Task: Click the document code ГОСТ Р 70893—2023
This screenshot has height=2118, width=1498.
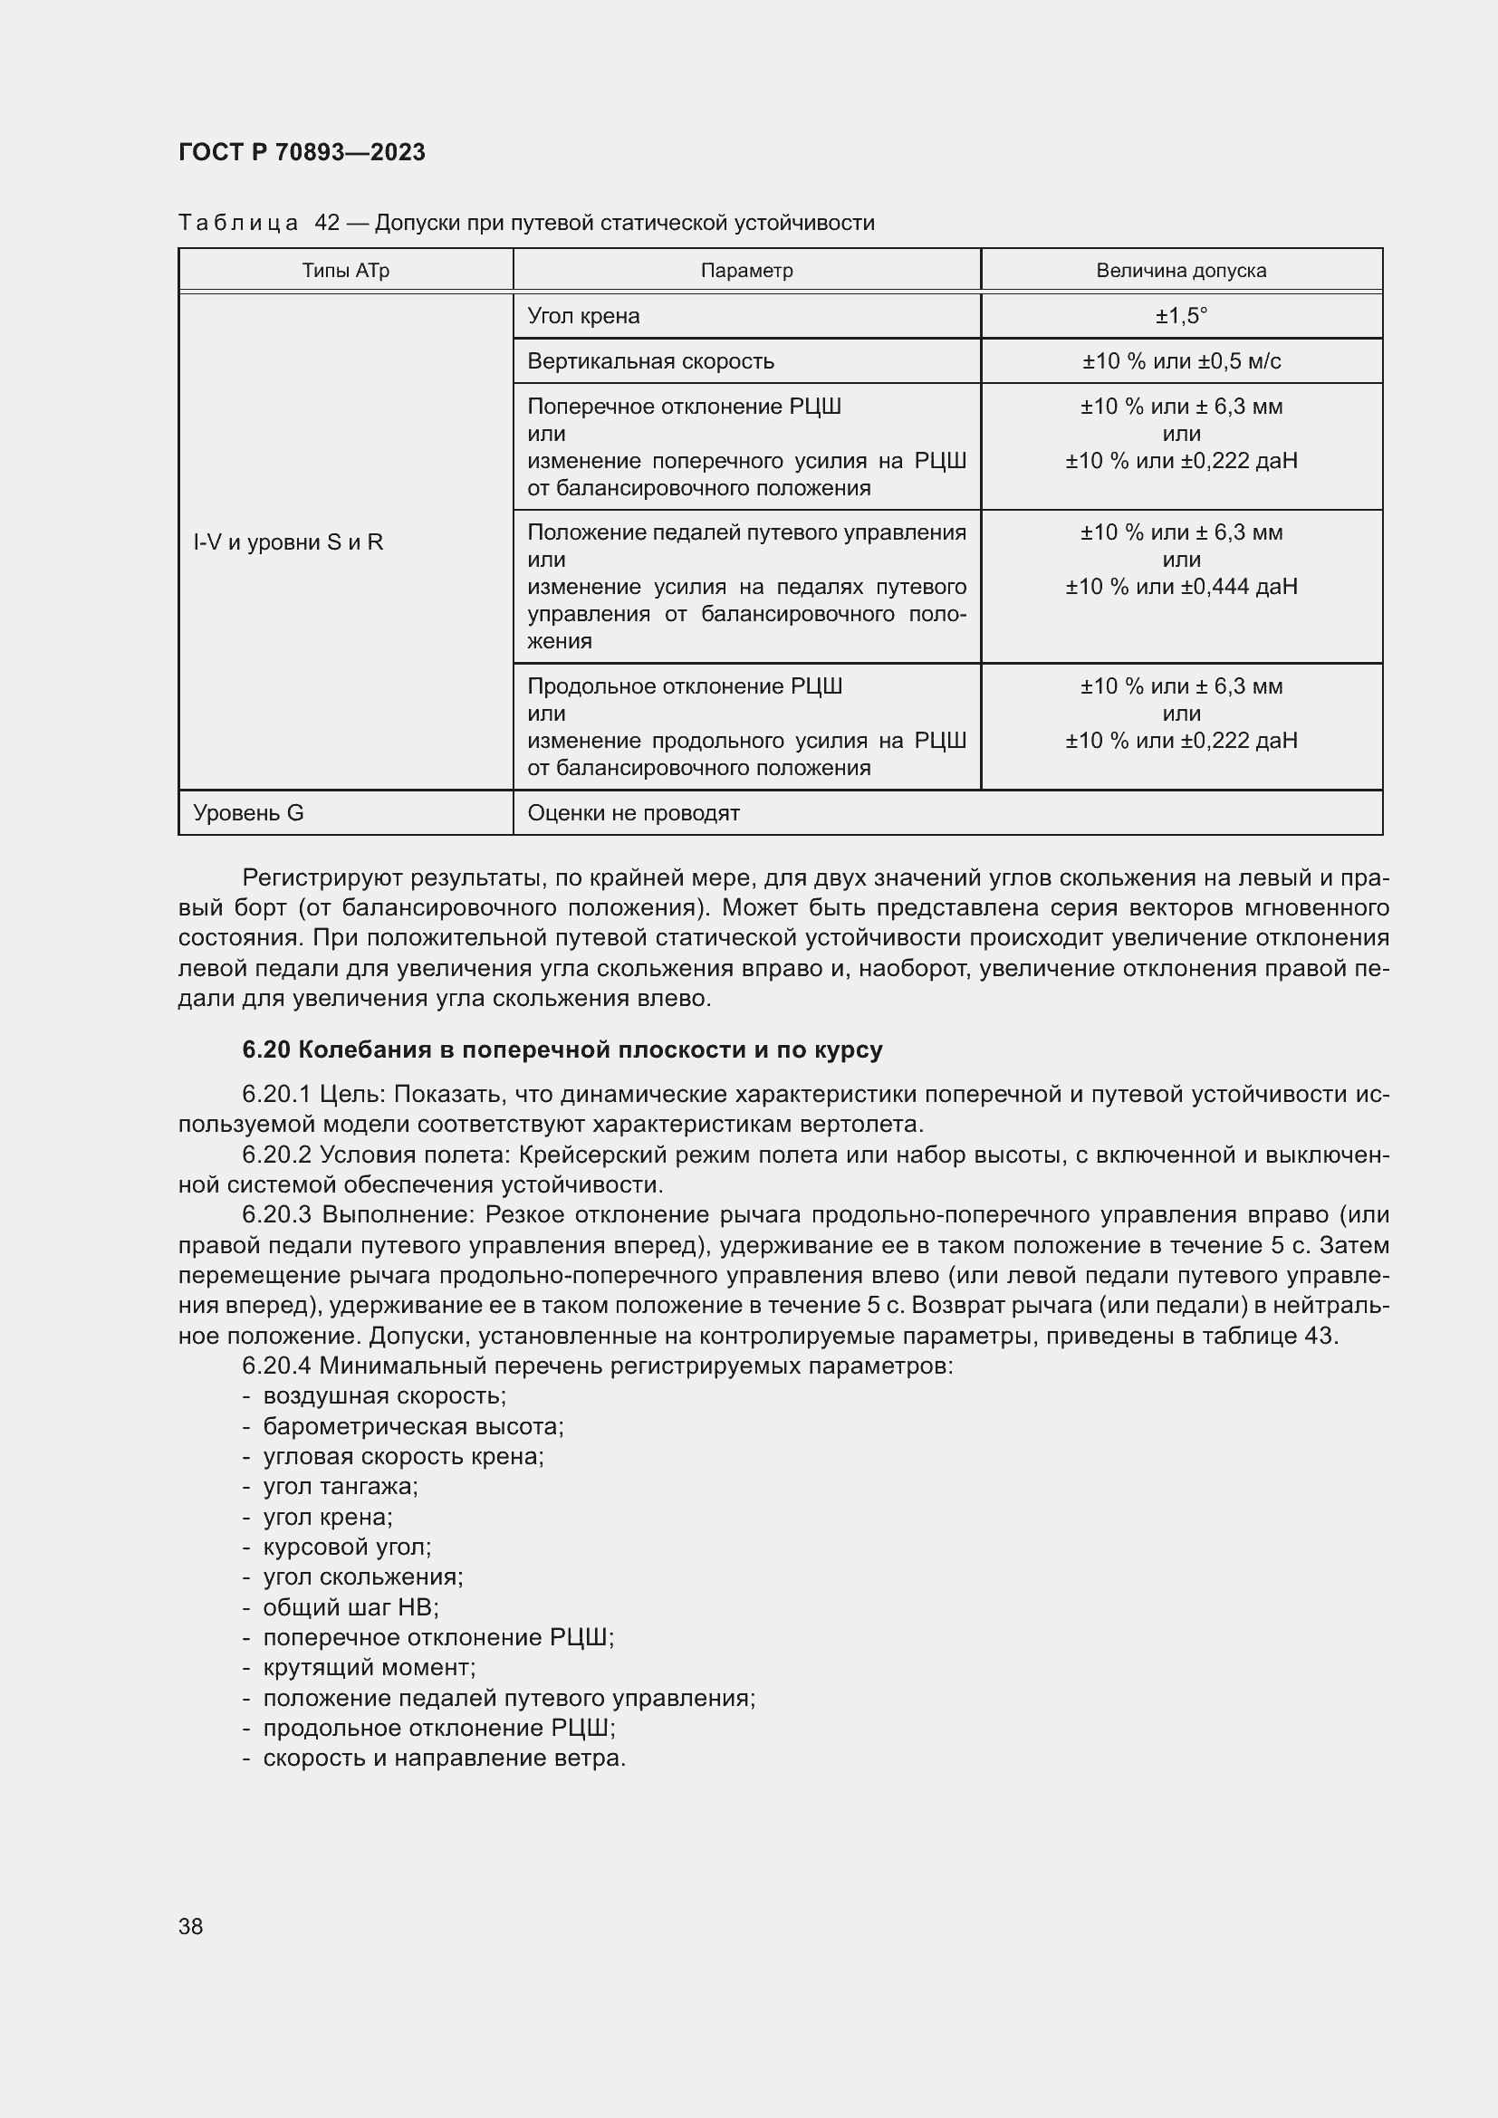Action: point(302,152)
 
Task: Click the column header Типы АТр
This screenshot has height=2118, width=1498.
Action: point(345,270)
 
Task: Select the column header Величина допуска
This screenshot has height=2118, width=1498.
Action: point(1181,270)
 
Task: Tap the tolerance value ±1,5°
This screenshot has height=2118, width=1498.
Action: point(1181,316)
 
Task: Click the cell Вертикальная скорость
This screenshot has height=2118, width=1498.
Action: point(650,361)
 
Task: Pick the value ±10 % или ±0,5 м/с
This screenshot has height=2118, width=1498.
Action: point(1181,361)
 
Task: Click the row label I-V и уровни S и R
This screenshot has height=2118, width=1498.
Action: point(288,542)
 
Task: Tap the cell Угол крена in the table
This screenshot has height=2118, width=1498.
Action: point(583,316)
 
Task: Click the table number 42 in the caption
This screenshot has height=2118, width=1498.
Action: point(327,223)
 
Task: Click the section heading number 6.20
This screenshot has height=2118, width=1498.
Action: point(266,1049)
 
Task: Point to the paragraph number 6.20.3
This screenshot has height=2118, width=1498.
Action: point(279,1215)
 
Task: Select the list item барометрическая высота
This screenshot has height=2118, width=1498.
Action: point(412,1427)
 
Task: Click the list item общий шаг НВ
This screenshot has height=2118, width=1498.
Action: point(350,1608)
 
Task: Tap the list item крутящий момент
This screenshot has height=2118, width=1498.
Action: point(369,1668)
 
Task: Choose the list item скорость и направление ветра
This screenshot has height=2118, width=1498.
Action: point(444,1759)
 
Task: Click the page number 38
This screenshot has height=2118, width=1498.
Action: point(191,1926)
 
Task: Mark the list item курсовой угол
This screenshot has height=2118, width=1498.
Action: point(347,1548)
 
